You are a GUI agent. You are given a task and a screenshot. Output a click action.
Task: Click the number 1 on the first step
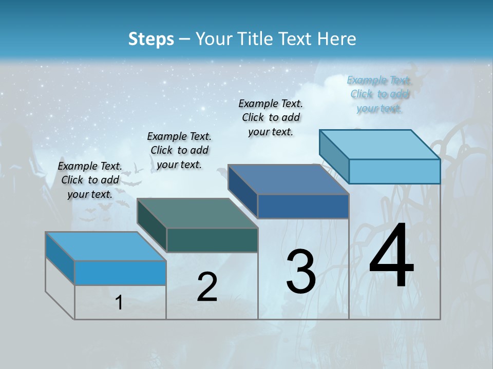pos(119,302)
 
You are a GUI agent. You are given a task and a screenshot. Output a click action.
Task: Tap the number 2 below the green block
pos(207,287)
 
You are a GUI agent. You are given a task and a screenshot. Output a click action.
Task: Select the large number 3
pos(300,272)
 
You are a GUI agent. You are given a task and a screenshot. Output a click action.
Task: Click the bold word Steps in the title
pos(151,39)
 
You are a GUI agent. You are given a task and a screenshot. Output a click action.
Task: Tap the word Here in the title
pos(338,39)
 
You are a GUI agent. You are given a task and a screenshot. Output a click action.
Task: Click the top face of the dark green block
pos(198,213)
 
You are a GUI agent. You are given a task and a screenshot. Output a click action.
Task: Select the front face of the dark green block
pos(212,240)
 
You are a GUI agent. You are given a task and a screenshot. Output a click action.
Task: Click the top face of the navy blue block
pos(289,180)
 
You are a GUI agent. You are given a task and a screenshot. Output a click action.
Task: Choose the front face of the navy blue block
pos(303,207)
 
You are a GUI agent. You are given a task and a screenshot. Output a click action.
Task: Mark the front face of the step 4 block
pos(394,171)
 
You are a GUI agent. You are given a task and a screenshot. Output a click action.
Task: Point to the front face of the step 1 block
pos(120,273)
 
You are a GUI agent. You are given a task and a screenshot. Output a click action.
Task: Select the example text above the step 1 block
pos(90,180)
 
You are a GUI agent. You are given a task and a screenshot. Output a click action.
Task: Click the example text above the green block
pos(179,150)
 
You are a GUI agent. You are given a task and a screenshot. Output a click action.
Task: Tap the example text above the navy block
pos(271,117)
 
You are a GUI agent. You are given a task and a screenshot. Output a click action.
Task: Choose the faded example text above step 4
pos(380,94)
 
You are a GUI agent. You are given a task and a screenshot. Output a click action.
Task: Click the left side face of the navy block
pos(242,191)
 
